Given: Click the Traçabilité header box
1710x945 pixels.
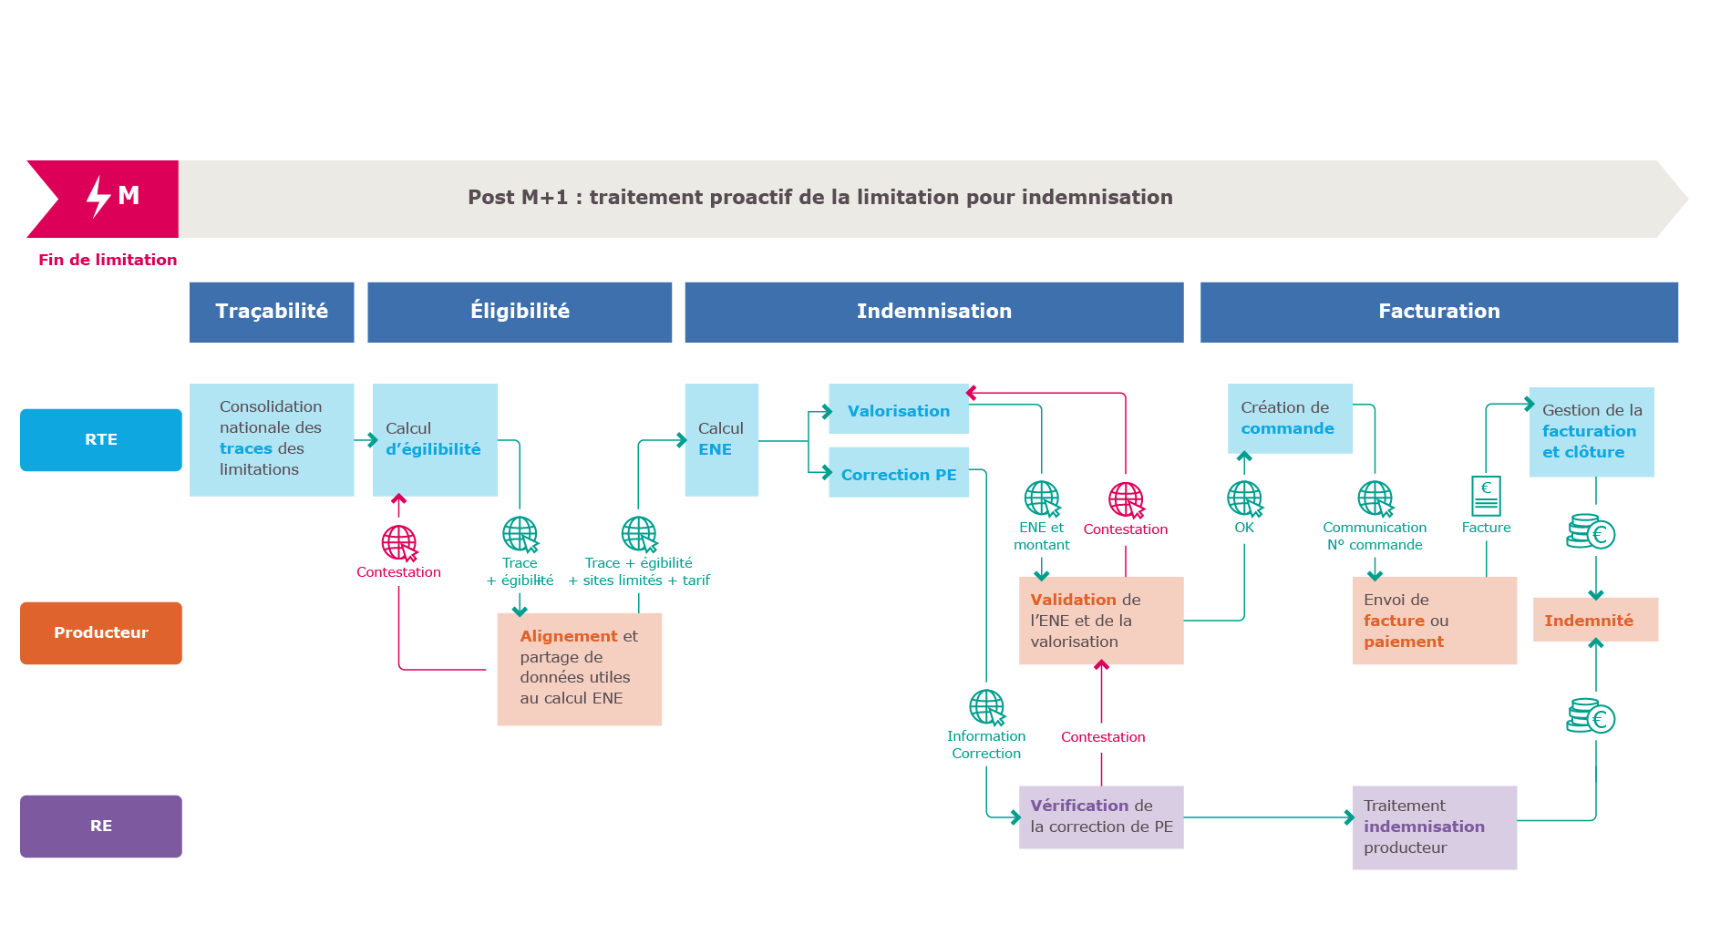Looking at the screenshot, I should [272, 312].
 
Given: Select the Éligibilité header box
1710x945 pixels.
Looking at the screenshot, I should [520, 312].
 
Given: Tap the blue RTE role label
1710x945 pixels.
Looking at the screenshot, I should [101, 439].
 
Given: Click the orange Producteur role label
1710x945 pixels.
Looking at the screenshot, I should [101, 632].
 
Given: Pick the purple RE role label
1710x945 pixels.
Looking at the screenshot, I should [101, 826].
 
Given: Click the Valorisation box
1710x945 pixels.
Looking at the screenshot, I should [898, 410].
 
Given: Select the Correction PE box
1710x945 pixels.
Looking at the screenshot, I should [898, 474].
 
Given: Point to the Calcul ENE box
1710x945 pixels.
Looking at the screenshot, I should [721, 439].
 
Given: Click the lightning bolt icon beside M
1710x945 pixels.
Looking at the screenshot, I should [98, 196].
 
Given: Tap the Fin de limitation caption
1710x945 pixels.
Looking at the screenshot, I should [108, 260].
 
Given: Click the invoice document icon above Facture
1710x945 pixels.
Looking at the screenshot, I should [1486, 496].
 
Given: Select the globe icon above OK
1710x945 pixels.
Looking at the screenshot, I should [1244, 498].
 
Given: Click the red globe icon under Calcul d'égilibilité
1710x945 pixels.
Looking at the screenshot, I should [399, 543].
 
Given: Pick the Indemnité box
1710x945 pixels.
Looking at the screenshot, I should [1595, 620].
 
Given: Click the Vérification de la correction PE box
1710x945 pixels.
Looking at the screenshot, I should [1101, 817].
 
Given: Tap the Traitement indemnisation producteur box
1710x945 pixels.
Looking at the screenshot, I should [1434, 827].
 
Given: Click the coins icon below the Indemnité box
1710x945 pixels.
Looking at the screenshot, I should [1591, 717].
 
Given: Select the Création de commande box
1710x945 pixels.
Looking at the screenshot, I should [1290, 418].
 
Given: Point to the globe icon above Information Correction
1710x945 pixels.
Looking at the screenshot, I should [986, 707].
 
